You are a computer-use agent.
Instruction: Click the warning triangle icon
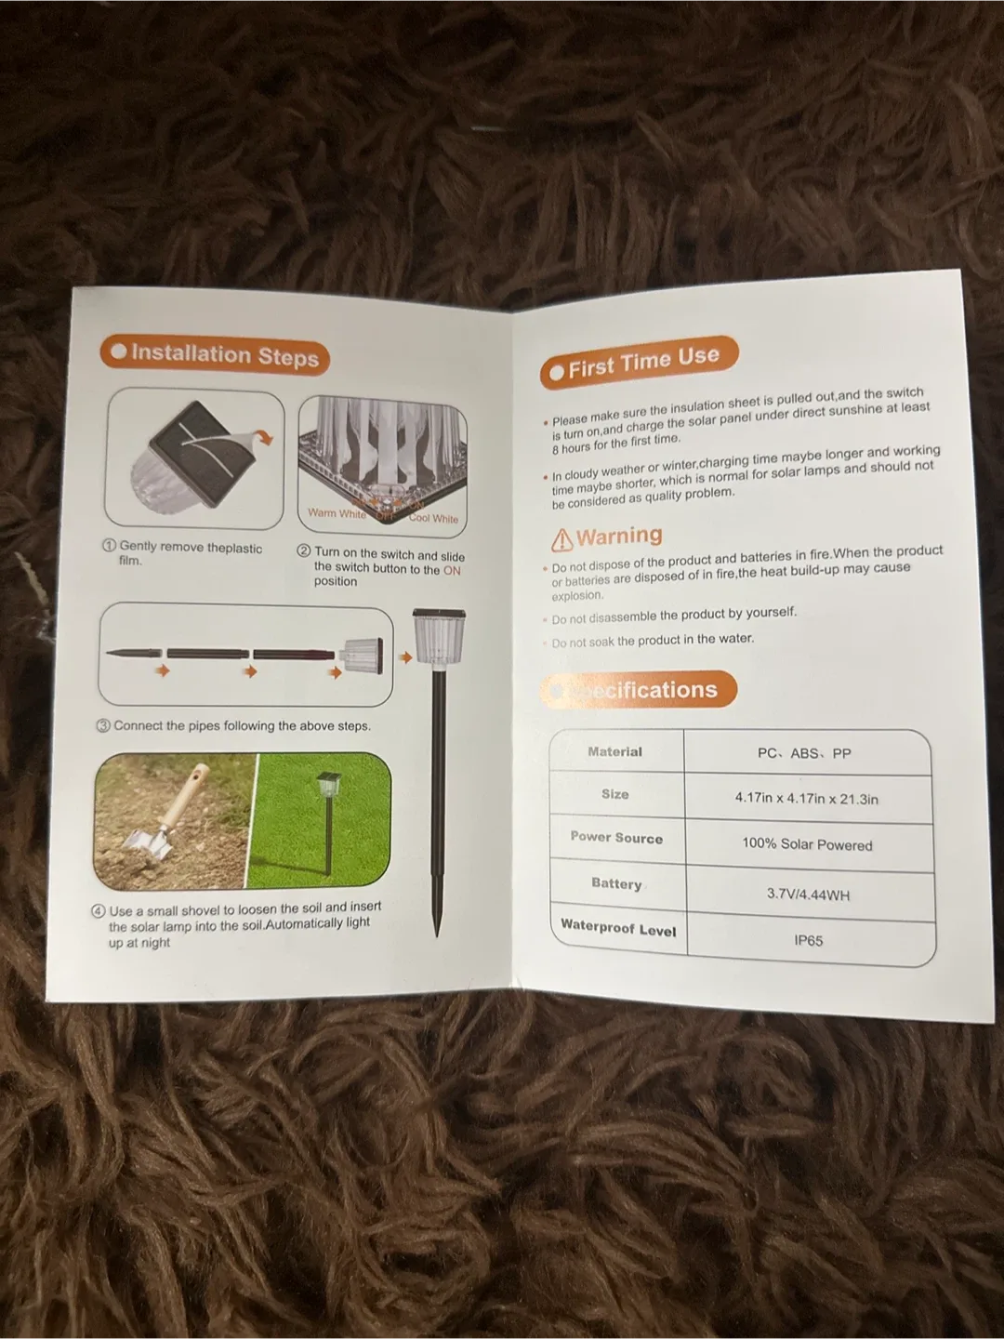click(x=562, y=540)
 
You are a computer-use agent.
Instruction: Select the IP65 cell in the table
click(x=808, y=940)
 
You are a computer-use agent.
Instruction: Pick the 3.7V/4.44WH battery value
click(x=808, y=895)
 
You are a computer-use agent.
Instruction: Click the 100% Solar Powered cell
click(x=807, y=844)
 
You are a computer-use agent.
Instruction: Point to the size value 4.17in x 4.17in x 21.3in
click(x=806, y=799)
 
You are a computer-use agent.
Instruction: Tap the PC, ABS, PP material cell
click(x=804, y=753)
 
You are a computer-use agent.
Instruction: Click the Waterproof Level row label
click(x=618, y=928)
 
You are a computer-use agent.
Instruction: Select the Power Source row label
click(x=616, y=837)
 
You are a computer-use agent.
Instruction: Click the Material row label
click(x=614, y=751)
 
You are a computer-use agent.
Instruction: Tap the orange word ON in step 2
click(x=452, y=570)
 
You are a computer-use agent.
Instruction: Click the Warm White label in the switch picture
click(x=337, y=513)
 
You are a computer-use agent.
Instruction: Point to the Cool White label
click(x=433, y=518)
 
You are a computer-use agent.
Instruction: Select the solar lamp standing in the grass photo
click(x=327, y=818)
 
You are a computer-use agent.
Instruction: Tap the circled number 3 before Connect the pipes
click(x=104, y=725)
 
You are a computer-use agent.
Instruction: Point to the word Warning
click(x=619, y=537)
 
